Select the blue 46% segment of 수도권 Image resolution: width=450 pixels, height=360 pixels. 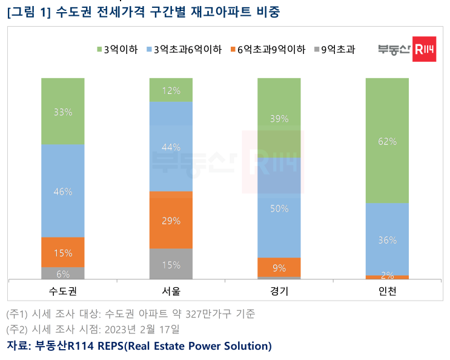(63, 190)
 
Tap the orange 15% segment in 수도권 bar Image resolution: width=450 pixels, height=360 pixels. (63, 252)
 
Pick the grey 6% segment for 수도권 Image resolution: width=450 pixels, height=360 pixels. (63, 273)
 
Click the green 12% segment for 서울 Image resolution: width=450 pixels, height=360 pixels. (171, 90)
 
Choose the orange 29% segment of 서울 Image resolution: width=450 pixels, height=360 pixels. (171, 220)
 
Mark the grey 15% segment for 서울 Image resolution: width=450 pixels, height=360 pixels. (171, 264)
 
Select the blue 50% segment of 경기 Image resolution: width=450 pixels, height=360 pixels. (279, 208)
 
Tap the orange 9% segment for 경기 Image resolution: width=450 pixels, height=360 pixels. (279, 267)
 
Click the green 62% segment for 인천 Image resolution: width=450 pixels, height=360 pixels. (387, 141)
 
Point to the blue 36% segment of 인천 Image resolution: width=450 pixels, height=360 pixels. (387, 239)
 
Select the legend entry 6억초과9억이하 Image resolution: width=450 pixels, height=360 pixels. (267, 49)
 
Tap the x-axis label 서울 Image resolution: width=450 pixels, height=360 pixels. (171, 291)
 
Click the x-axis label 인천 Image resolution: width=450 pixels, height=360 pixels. (387, 291)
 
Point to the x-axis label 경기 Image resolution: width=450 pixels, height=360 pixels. (279, 291)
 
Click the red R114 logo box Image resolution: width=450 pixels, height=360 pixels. (423, 51)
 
